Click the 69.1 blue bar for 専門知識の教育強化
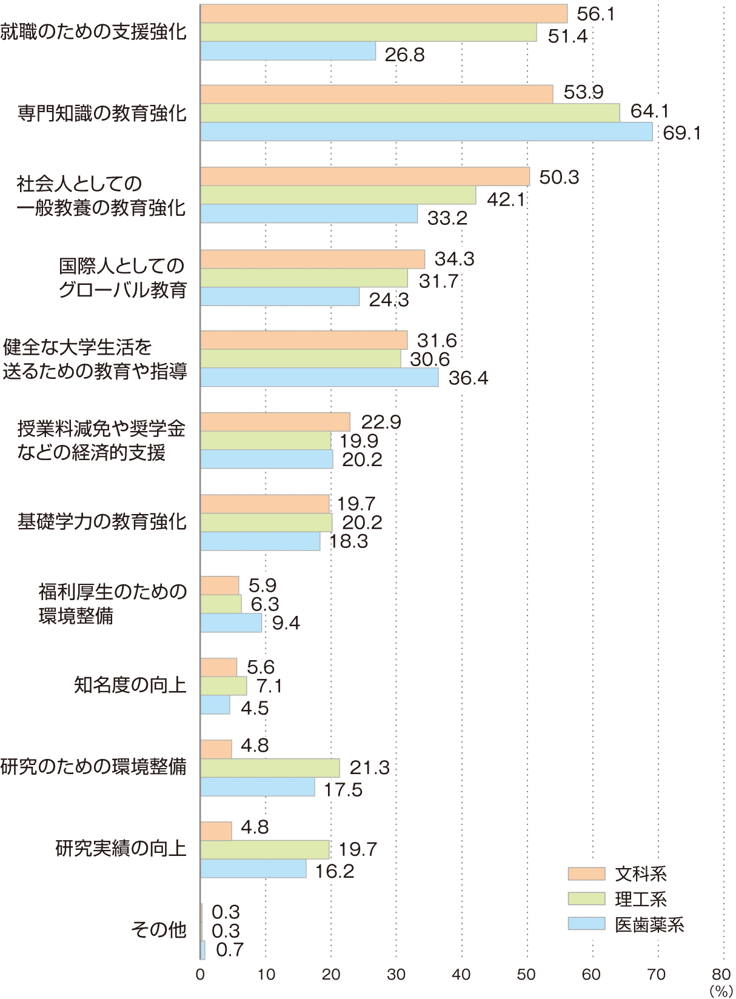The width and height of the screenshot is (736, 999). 426,132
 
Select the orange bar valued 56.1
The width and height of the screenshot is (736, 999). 384,13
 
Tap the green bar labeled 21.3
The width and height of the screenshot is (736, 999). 270,768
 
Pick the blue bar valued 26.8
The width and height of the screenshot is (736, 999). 288,51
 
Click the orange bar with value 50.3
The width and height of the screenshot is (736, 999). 365,176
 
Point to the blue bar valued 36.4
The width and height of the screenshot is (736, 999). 319,377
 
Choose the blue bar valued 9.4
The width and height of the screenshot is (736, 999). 231,623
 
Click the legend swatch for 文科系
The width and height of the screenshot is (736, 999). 586,874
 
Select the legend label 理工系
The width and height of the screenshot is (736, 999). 641,899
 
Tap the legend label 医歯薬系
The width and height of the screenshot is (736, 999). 649,924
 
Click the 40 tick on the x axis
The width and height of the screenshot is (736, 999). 461,974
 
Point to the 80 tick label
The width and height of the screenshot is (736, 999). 721,974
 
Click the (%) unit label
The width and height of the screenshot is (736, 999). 721,991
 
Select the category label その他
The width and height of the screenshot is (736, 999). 158,929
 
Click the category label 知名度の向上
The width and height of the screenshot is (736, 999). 130,685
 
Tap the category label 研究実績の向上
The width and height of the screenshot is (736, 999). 121,848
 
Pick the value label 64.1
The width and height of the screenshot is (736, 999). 650,111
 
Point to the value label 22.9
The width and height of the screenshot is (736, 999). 381,422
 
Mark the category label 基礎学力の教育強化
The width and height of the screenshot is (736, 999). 102,521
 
